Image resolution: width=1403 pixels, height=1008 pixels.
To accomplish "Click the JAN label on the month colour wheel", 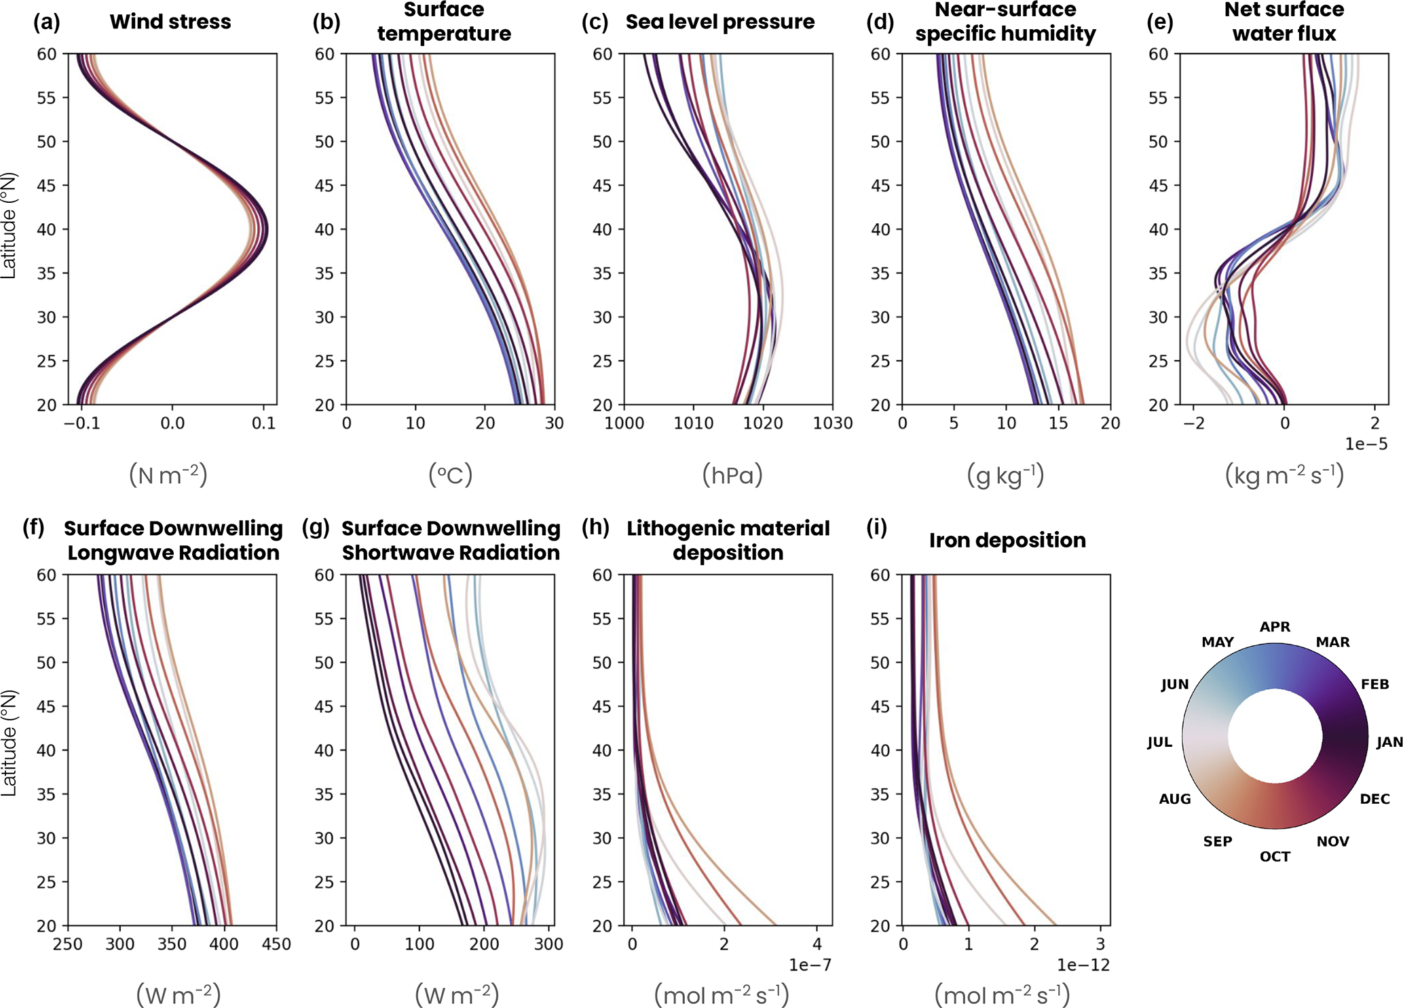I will pos(1389,742).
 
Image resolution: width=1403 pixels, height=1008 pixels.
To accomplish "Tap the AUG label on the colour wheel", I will pos(1174,798).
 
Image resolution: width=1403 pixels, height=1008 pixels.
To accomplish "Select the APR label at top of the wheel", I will pos(1275,627).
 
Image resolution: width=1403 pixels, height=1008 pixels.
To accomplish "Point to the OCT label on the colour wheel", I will pos(1275,857).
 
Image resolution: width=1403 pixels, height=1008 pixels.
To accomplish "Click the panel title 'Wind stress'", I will pos(170,22).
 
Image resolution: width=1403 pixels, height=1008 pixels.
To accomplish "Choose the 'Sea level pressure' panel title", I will pos(720,22).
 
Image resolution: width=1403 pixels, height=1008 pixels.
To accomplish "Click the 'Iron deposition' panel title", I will pos(1007,540).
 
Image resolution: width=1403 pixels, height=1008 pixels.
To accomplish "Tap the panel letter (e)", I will pos(1159,22).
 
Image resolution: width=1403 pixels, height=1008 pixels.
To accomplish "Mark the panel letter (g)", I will pos(316,528).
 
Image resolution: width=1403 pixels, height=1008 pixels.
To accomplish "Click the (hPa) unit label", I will pos(732,475).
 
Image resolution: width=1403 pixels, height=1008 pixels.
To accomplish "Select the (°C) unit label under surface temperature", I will pos(450,475).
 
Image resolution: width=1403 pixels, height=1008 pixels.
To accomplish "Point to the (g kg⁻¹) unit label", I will pos(1005,475).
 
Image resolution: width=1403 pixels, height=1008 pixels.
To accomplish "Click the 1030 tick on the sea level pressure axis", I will pos(833,423).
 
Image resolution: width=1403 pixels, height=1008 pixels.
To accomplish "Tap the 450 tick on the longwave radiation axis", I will pos(276,944).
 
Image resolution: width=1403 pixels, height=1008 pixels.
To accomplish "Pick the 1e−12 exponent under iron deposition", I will pos(1083,965).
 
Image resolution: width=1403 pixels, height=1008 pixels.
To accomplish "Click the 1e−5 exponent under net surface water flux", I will pos(1366,444).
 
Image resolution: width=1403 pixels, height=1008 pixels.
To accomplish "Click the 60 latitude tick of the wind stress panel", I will pos(47,54).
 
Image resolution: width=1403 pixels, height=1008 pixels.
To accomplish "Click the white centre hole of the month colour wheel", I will pos(1275,737).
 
